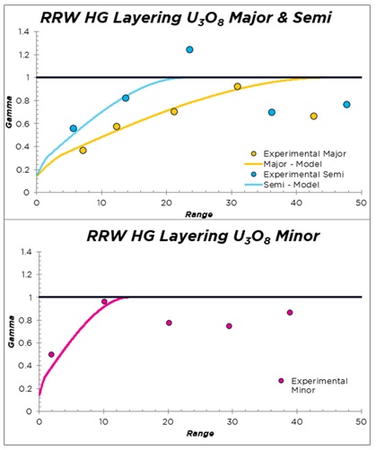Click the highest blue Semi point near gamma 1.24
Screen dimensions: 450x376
(189, 49)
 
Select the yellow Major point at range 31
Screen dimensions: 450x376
(237, 87)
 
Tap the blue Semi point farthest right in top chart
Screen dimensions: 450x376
(346, 105)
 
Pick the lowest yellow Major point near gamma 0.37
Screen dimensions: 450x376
(83, 150)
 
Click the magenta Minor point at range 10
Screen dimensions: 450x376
(104, 302)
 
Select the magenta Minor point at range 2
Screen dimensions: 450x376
(51, 354)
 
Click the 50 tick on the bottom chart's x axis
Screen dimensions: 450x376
(361, 420)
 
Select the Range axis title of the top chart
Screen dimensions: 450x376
(197, 215)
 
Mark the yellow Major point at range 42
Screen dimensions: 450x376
(313, 117)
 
